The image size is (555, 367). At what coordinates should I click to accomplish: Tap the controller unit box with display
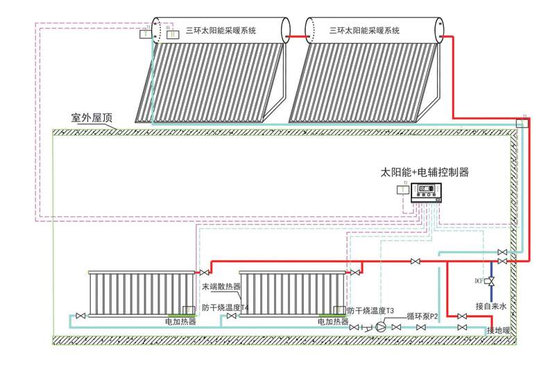(427, 192)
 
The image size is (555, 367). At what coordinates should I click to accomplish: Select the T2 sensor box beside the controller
(402, 189)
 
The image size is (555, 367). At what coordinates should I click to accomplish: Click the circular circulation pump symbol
(380, 327)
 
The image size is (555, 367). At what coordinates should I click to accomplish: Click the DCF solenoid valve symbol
(492, 281)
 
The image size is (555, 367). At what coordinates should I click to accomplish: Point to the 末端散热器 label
(221, 286)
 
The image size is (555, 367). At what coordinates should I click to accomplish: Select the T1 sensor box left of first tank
(144, 33)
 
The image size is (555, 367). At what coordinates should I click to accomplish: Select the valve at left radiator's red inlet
(204, 272)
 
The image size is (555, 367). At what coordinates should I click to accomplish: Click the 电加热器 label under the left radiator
(180, 322)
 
